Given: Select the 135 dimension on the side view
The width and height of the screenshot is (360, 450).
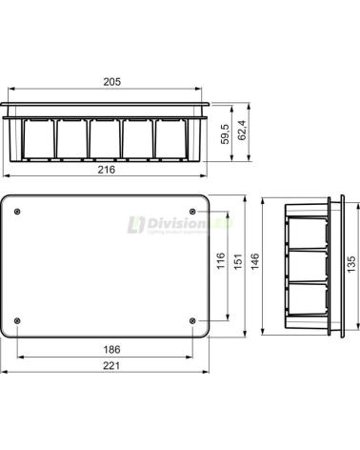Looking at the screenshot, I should click(352, 263).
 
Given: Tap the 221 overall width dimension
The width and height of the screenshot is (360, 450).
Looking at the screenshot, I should click(110, 366).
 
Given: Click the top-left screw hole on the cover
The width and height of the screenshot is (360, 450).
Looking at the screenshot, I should click(28, 212).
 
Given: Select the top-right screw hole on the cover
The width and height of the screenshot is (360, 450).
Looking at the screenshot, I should click(194, 212).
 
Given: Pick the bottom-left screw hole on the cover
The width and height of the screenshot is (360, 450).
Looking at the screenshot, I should click(28, 319).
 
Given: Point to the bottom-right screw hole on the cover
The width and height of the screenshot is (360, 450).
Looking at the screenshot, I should click(194, 319).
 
